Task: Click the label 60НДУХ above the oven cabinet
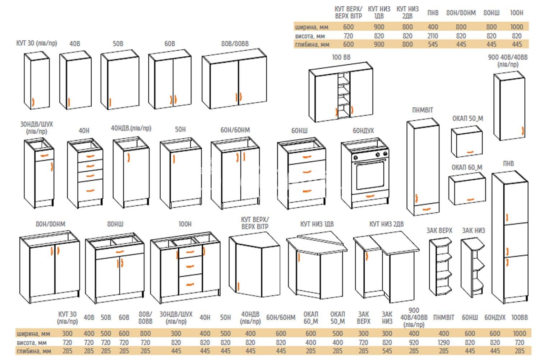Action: point(363,131)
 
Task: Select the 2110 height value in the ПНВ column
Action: point(433,36)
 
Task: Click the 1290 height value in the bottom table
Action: point(443,342)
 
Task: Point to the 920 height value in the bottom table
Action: point(414,342)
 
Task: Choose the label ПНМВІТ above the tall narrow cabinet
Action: point(422,110)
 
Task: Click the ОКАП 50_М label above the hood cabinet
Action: point(467,119)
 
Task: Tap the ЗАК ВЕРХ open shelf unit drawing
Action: point(441,266)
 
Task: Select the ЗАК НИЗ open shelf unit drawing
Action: point(473,266)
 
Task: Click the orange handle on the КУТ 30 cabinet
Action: point(33,103)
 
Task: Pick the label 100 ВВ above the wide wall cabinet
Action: point(341,57)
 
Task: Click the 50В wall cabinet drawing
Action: point(119,81)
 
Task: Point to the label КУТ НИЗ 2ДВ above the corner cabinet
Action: point(386,224)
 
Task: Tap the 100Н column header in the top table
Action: point(516,13)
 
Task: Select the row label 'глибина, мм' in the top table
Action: point(312,45)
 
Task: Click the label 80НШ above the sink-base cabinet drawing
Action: point(115,224)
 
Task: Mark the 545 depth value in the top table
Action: point(433,45)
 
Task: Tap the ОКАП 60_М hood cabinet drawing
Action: point(467,189)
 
